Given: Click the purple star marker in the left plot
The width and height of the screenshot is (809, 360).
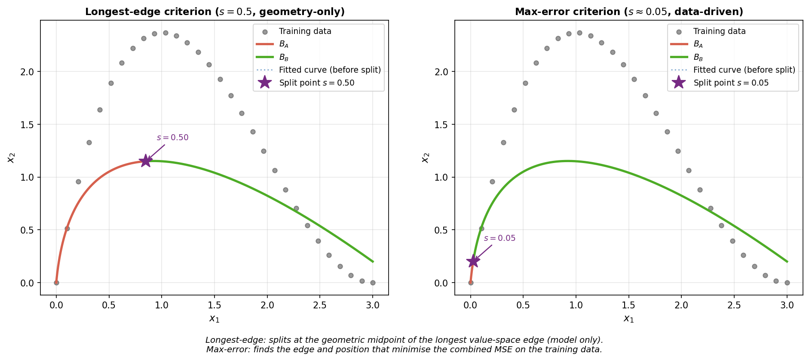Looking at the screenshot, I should (146, 161).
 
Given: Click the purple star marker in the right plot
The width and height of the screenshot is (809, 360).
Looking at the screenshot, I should (473, 261).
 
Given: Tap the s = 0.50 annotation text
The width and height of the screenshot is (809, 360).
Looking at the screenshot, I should (172, 138).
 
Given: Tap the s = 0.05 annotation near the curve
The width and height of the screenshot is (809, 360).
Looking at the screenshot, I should (499, 238).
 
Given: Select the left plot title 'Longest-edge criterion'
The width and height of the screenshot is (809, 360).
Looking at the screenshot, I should (215, 12).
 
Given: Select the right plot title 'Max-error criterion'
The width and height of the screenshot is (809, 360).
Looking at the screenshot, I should (629, 12).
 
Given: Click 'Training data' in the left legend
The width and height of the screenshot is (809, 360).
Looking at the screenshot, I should (305, 31).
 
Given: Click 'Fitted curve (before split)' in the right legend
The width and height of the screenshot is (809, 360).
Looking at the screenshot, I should (744, 70).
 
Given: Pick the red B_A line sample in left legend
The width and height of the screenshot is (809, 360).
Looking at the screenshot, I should (265, 44).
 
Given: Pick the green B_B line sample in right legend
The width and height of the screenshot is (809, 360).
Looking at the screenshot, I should (679, 57).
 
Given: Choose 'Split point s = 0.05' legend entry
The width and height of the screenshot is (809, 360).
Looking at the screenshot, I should (731, 83).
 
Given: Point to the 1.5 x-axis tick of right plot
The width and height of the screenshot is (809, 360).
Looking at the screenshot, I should (629, 305).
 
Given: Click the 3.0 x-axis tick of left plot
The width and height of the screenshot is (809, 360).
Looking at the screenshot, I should (373, 305).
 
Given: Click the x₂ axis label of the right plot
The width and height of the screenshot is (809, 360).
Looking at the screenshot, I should (425, 158).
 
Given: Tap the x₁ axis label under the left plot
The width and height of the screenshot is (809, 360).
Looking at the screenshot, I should (215, 319).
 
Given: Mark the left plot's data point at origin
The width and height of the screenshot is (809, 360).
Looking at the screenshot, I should (56, 283).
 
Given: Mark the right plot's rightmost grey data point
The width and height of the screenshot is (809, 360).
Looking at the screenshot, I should (787, 283).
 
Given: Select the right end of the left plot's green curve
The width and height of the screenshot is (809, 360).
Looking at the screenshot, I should (372, 262).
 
